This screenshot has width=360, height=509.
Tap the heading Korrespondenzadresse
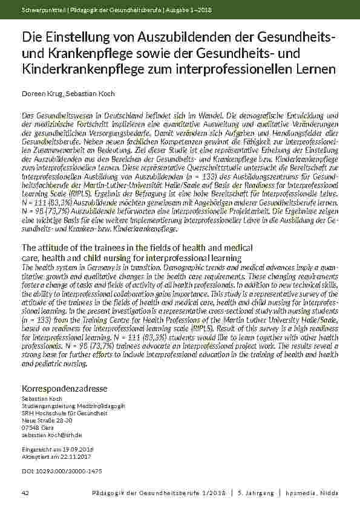(x=64, y=387)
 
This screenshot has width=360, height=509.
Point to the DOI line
(x=62, y=470)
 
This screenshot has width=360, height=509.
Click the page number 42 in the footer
(x=25, y=493)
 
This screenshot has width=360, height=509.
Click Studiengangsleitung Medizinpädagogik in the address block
(x=73, y=406)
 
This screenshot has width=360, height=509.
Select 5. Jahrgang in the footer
(x=256, y=493)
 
